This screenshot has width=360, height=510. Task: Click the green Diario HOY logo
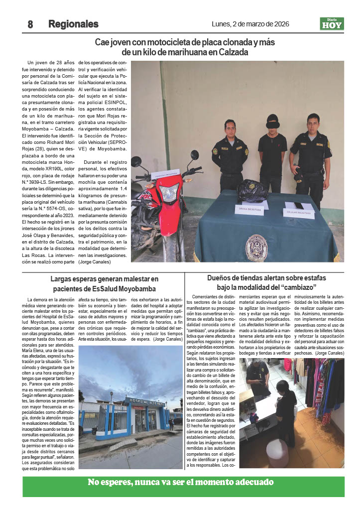coord(332,24)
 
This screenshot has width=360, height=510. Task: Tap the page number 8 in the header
coord(30,24)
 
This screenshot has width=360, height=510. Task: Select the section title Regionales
coord(73,24)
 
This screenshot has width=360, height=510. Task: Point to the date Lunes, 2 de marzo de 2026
coord(250,24)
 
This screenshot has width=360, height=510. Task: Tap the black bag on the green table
coord(252,190)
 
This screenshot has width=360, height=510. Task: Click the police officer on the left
coord(230,154)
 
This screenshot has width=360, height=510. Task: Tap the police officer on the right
coord(311,157)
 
